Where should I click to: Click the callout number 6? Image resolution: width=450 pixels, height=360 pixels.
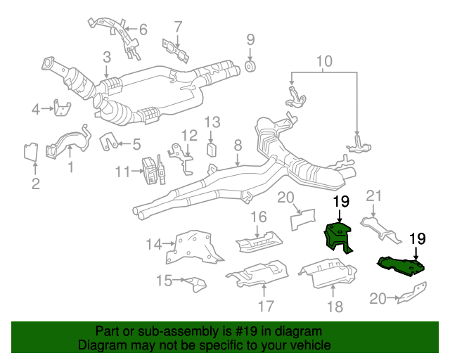[143, 30]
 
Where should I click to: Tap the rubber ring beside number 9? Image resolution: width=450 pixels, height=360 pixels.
[250, 68]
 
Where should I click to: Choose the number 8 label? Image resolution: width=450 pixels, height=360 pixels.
[238, 146]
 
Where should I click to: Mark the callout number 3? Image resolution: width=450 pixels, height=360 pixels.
[106, 58]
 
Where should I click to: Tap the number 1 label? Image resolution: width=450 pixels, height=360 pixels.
[70, 167]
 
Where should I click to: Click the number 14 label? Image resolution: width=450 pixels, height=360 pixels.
[154, 244]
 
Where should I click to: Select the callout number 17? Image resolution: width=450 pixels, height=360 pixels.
[265, 306]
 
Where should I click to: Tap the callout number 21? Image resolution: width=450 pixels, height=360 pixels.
[373, 195]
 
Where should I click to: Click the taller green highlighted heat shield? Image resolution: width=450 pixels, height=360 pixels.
[336, 236]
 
